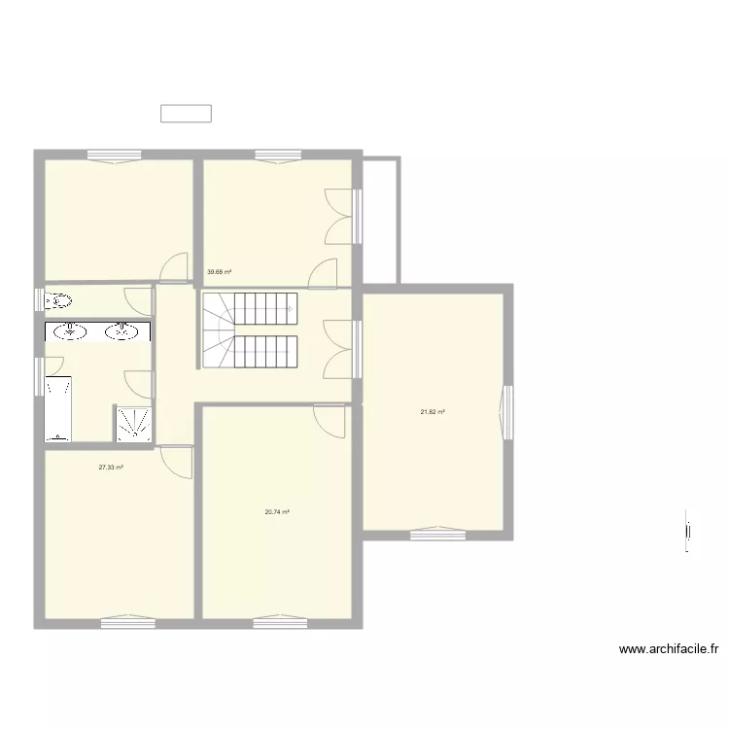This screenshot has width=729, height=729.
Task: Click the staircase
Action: point(249,330)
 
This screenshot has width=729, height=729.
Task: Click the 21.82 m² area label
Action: point(433,412)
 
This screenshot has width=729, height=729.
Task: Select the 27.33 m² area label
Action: point(111,468)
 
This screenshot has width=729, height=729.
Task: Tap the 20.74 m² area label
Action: point(278,512)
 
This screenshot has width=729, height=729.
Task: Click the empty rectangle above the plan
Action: point(186,114)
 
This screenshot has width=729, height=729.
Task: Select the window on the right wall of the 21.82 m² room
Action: point(505,411)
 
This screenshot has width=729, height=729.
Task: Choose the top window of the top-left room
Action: point(114,156)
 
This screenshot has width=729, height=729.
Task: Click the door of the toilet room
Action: point(139,298)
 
